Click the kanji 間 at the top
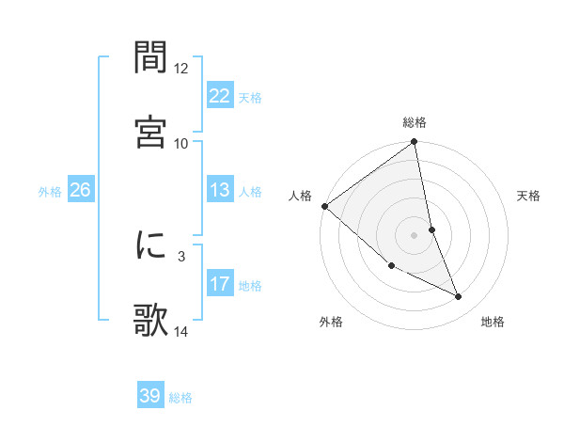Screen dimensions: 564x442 point(151,58)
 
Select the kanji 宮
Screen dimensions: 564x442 point(151,131)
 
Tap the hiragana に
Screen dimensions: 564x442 point(151,245)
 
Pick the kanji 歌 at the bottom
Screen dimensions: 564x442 point(151,319)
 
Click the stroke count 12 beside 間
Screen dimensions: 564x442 point(181,69)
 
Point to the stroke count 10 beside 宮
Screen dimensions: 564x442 point(181,143)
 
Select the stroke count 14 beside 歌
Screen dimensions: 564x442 point(181,330)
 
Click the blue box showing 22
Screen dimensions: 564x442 point(219,95)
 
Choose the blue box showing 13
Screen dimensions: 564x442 point(219,190)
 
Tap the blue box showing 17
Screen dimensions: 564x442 point(219,283)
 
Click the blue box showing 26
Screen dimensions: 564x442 point(80,190)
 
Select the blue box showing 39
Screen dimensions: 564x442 point(150,396)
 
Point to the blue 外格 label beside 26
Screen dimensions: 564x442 point(50,192)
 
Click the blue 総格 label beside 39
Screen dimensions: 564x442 point(180,398)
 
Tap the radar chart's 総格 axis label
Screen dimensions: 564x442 point(415,122)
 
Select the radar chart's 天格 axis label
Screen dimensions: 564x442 point(529,196)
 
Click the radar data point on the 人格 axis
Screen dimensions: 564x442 point(324,206)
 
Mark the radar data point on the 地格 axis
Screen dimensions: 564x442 point(459,297)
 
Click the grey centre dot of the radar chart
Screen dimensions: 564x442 point(415,235)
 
